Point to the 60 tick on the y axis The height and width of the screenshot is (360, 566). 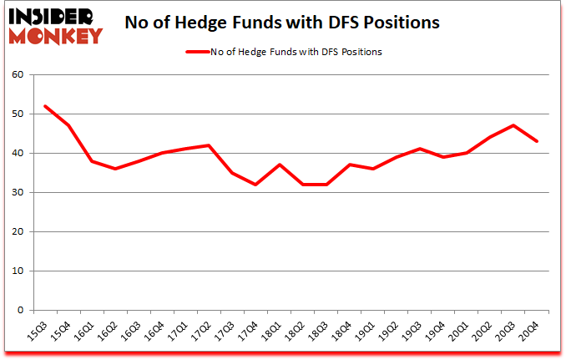point(18,75)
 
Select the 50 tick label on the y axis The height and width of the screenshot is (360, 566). point(18,114)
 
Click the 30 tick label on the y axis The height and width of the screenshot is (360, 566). point(18,193)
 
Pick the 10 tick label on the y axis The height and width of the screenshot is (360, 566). point(18,271)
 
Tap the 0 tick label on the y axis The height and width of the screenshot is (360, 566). point(21,311)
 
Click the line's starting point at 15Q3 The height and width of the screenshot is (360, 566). point(44,106)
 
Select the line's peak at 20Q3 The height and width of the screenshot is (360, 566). point(513,125)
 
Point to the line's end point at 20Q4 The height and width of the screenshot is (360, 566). point(537,141)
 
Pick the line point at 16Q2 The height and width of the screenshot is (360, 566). point(115,169)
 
